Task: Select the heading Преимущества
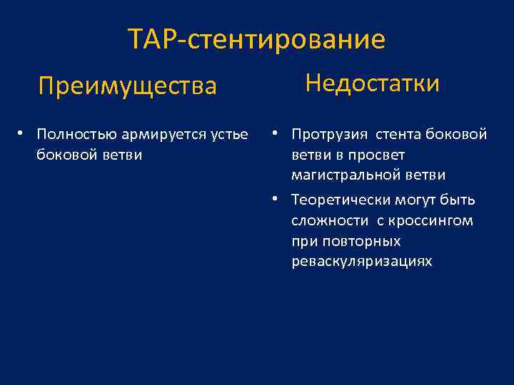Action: pos(127,86)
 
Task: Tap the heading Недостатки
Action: pos(372,83)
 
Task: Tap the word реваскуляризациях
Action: pos(361,262)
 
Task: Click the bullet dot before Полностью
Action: pos(23,133)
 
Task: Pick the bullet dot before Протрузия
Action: pos(275,133)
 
